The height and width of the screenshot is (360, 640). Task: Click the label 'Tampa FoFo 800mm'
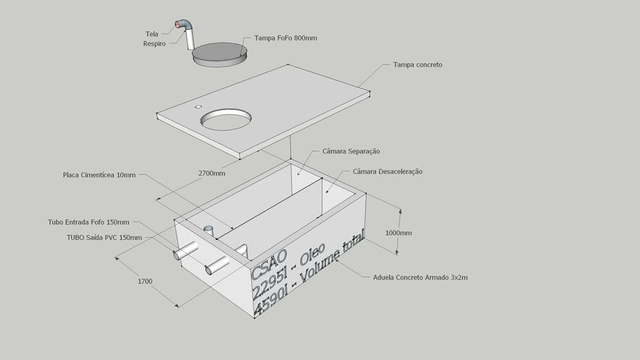click(x=286, y=38)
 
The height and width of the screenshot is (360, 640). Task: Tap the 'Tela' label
click(x=151, y=34)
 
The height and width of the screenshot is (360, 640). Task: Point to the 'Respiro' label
click(x=154, y=44)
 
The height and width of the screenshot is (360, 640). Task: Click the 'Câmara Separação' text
click(x=351, y=151)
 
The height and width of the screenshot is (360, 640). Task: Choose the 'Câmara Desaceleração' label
click(x=388, y=172)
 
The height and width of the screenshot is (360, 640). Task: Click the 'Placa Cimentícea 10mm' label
click(x=99, y=175)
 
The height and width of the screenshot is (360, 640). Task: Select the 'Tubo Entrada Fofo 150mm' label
click(x=89, y=221)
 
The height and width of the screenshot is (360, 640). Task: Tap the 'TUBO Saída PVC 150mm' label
click(x=104, y=238)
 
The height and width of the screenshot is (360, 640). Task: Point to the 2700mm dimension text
click(x=211, y=173)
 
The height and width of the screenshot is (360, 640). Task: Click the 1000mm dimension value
click(x=398, y=233)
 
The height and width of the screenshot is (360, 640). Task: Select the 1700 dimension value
click(x=144, y=281)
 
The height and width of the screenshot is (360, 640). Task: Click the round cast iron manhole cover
click(x=219, y=53)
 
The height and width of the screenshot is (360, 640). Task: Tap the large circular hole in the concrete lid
click(x=226, y=119)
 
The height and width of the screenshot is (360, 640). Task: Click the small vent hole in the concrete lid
click(x=198, y=107)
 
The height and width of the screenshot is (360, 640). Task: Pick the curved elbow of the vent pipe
click(x=184, y=25)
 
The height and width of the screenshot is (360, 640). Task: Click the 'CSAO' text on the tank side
click(x=269, y=262)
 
